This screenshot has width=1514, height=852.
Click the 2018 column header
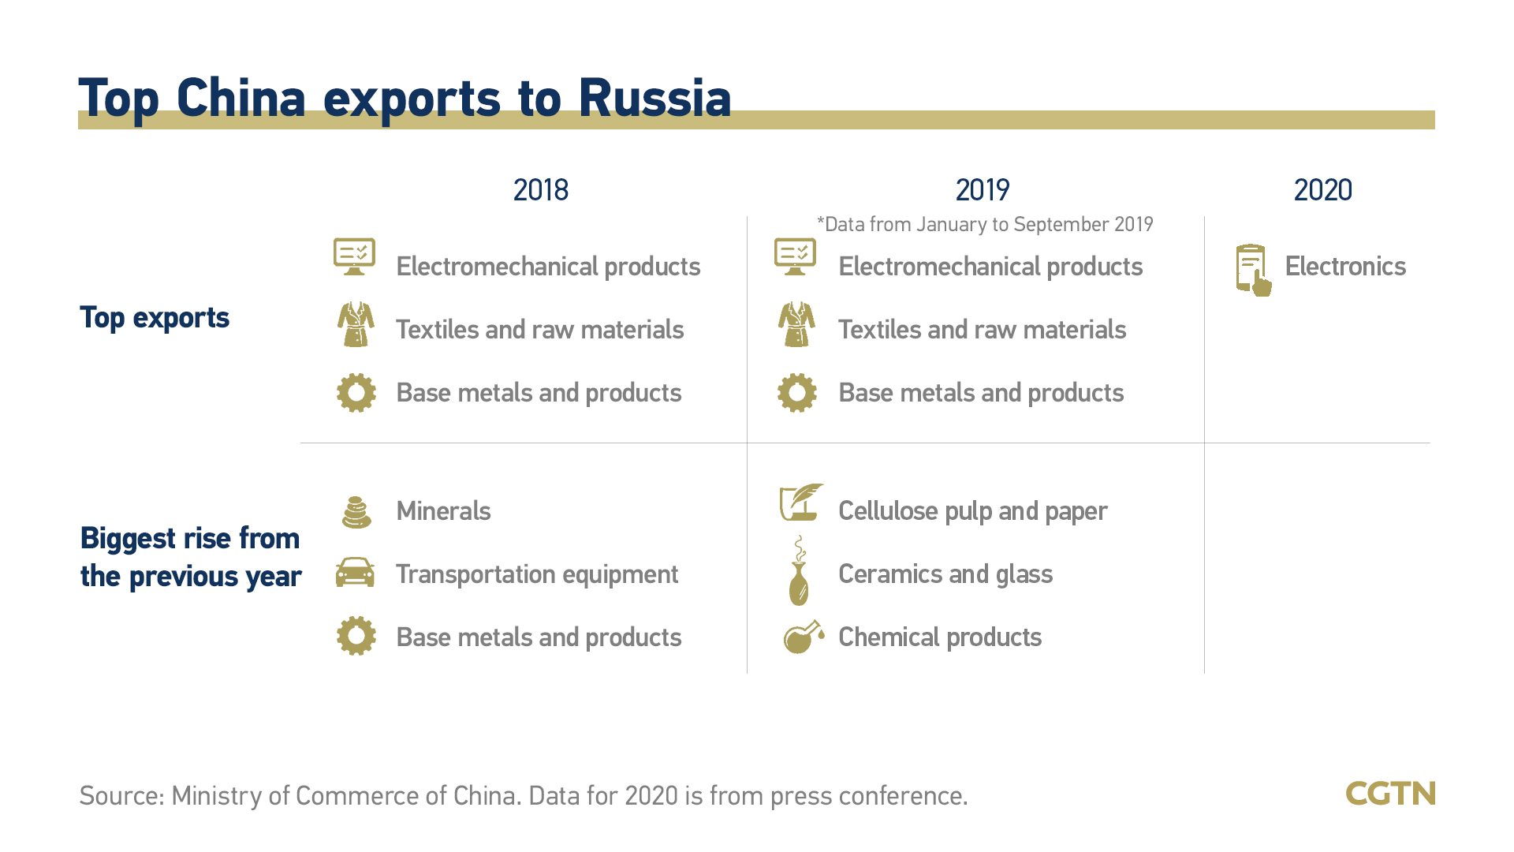[x=540, y=190]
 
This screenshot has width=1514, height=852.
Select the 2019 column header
[x=982, y=190]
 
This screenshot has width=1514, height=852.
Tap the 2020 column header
[x=1322, y=190]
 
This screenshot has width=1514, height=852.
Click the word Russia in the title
[x=654, y=99]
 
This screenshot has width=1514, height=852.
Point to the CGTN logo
[x=1390, y=794]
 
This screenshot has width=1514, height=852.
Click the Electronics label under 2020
[x=1345, y=267]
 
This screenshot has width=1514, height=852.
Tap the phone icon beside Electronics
[x=1254, y=270]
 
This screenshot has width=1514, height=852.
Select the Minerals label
[x=443, y=511]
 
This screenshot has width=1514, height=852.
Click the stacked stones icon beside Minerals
[x=356, y=512]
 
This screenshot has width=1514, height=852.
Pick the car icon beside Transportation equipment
[x=356, y=572]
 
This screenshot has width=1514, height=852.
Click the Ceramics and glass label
[x=945, y=574]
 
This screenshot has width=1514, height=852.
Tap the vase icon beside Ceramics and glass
[x=799, y=571]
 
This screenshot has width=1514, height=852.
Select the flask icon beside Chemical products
[x=804, y=637]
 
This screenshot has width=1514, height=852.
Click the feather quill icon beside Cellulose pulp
[x=801, y=503]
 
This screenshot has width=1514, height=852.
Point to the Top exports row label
[x=155, y=318]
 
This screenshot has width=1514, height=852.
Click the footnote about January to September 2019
[x=985, y=225]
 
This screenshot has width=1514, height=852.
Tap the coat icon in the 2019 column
[x=796, y=324]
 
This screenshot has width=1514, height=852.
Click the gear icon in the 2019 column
[x=797, y=393]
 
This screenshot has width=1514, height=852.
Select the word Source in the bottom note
[x=122, y=795]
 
